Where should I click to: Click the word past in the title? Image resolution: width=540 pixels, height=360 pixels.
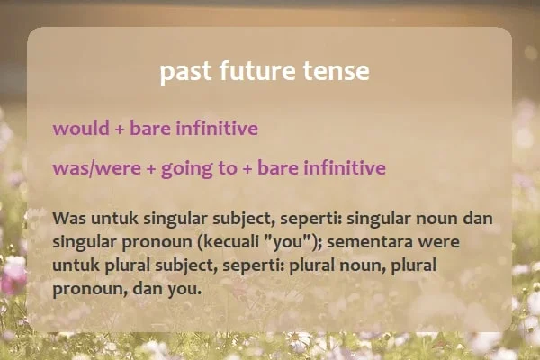[185, 72]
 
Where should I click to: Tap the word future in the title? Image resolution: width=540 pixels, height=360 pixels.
[257, 70]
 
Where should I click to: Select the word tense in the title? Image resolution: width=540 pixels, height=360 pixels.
[337, 71]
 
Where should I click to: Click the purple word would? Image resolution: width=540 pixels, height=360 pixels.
[81, 128]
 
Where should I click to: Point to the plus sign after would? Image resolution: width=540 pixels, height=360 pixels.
[119, 130]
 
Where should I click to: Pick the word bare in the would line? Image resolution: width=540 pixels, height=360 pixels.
[150, 128]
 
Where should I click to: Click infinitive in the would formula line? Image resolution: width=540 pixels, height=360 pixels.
[217, 128]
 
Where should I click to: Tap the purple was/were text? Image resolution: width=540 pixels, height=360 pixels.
[97, 168]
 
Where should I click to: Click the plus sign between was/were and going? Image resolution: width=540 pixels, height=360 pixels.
[151, 169]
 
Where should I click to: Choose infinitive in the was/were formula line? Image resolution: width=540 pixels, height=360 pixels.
[345, 167]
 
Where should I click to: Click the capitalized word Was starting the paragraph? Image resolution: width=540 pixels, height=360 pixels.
[69, 219]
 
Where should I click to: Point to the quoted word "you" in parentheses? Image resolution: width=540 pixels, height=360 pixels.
[287, 242]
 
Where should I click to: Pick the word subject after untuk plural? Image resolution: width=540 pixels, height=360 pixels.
[186, 266]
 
